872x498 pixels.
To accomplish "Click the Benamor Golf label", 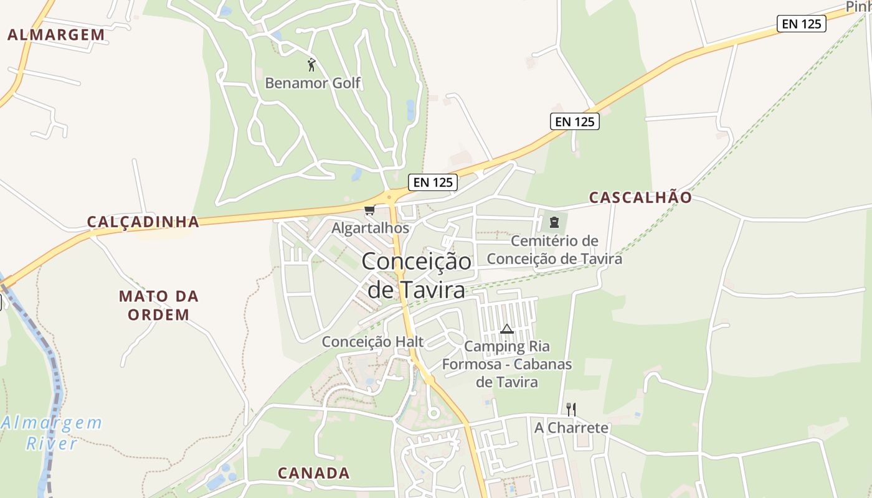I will pos(313,83).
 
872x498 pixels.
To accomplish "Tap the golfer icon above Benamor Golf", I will pos(311,64).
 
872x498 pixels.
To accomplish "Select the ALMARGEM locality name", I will pos(56,35).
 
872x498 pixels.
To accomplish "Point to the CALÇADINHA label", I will pos(143,222).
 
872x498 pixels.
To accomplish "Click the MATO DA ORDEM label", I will pos(159,305).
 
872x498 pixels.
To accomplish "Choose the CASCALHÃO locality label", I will pos(640,197).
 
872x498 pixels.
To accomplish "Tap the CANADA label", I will pos(314,473).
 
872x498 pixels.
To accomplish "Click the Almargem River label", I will pos(52,433).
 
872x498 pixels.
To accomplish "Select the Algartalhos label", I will pos(370,228).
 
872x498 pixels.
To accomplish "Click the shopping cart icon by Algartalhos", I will pos(369,210).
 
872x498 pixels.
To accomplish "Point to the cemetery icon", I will pos(554,222).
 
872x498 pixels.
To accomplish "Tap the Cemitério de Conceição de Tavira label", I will pos(554,250).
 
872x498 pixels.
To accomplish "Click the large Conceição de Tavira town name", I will pos(416,275).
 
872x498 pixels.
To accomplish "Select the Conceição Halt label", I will pos(372,341).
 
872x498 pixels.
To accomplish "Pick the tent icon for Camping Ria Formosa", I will pos(507,329).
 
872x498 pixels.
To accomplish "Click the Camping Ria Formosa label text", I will pos(507,364).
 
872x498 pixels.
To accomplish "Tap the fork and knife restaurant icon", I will pos(571,409).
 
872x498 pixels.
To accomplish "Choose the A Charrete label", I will pos(571,428).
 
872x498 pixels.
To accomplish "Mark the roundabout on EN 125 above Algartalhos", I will pos(390,197).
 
